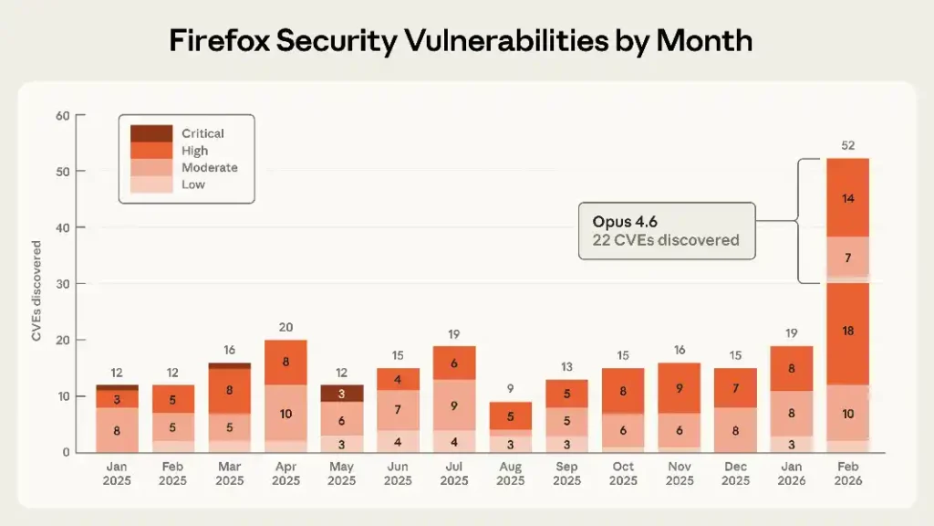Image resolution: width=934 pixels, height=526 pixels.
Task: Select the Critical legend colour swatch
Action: coord(151,133)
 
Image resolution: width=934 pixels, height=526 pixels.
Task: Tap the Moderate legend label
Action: coord(209,167)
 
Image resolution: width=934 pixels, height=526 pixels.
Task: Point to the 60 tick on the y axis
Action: coord(63,115)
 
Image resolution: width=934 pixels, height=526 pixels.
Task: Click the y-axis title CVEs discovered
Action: coord(37,290)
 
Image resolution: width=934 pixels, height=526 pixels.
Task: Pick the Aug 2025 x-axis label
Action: coord(511,473)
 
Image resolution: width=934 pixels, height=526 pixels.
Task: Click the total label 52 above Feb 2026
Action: coord(847,145)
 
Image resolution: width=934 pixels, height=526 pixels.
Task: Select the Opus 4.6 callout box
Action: coord(667,231)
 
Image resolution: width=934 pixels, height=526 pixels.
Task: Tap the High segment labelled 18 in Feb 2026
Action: coord(847,331)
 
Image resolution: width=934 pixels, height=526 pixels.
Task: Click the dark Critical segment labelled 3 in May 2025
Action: coord(342,394)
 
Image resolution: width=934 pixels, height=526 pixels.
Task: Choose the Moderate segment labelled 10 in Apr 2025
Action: coord(285,414)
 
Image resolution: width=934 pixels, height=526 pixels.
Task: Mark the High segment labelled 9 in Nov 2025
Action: coord(680,387)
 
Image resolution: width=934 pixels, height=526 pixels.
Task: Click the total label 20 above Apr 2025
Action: coord(285,327)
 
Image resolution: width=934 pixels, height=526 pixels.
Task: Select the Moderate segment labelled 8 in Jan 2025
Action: coord(117,430)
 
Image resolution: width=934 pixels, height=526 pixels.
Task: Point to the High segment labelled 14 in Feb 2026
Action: coord(847,197)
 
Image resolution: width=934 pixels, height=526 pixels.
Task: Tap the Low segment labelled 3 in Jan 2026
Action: coord(791,444)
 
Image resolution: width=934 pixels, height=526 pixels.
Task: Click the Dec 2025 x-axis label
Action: coord(735,473)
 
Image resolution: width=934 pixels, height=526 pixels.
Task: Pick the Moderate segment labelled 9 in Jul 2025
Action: coord(454,405)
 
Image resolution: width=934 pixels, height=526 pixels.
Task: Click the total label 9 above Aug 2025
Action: coord(511,389)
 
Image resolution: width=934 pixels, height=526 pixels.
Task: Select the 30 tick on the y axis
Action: coord(63,284)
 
